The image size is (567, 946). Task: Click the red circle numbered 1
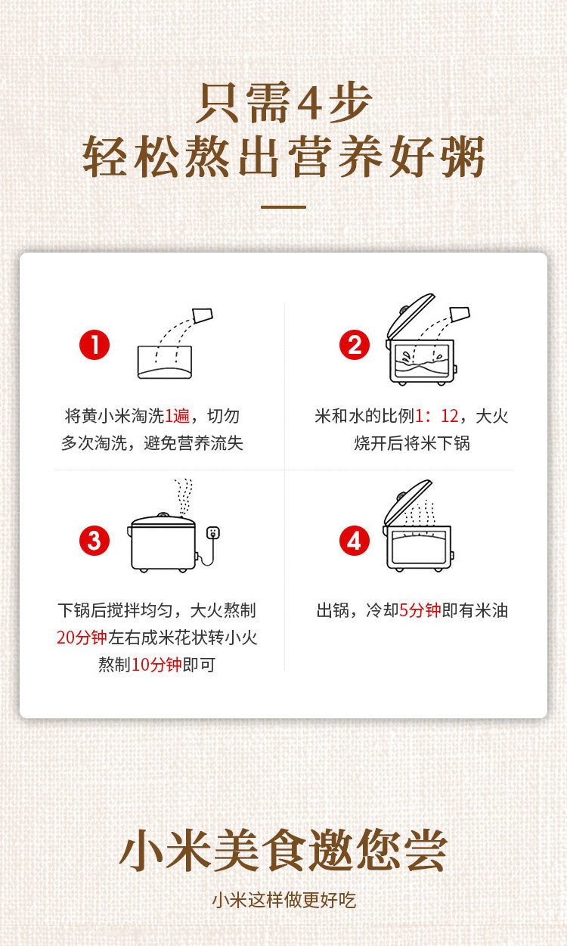pyautogui.click(x=94, y=345)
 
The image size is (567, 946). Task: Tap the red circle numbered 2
pyautogui.click(x=355, y=345)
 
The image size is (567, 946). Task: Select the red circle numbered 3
pyautogui.click(x=94, y=541)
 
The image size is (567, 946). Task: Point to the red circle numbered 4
pyautogui.click(x=355, y=541)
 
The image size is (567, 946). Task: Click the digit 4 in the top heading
pyautogui.click(x=309, y=103)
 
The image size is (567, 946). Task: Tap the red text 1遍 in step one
pyautogui.click(x=177, y=417)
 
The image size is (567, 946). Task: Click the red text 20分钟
pyautogui.click(x=82, y=637)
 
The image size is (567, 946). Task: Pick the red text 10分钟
pyautogui.click(x=156, y=664)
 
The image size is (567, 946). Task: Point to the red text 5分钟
pyautogui.click(x=420, y=610)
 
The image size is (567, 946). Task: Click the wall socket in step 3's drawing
pyautogui.click(x=212, y=532)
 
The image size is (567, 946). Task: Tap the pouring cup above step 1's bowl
pyautogui.click(x=203, y=315)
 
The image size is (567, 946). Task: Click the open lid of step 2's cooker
pyautogui.click(x=410, y=315)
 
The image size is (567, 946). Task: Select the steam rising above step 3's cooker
pyautogui.click(x=184, y=497)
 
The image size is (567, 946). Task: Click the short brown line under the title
pyautogui.click(x=283, y=207)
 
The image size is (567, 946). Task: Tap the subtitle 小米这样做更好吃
pyautogui.click(x=283, y=900)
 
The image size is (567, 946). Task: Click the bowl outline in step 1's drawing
pyautogui.click(x=165, y=362)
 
